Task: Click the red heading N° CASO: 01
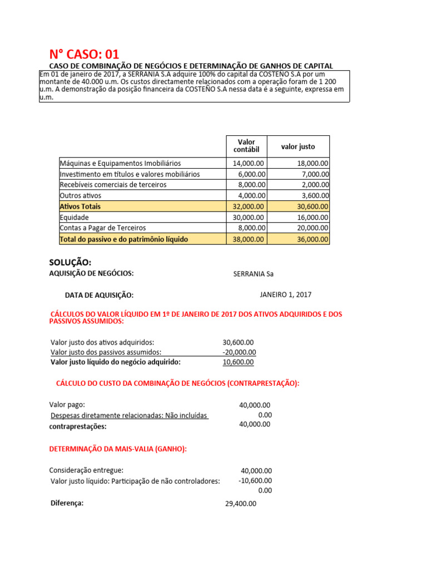[84, 54]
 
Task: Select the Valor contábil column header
[246, 146]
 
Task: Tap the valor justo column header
[298, 147]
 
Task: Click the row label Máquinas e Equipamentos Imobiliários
[120, 164]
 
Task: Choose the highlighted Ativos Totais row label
[80, 207]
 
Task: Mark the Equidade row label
[74, 218]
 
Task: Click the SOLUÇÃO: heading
[70, 262]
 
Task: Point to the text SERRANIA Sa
[254, 274]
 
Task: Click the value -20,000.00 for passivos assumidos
[239, 352]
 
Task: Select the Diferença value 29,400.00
[240, 504]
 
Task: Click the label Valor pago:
[67, 405]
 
